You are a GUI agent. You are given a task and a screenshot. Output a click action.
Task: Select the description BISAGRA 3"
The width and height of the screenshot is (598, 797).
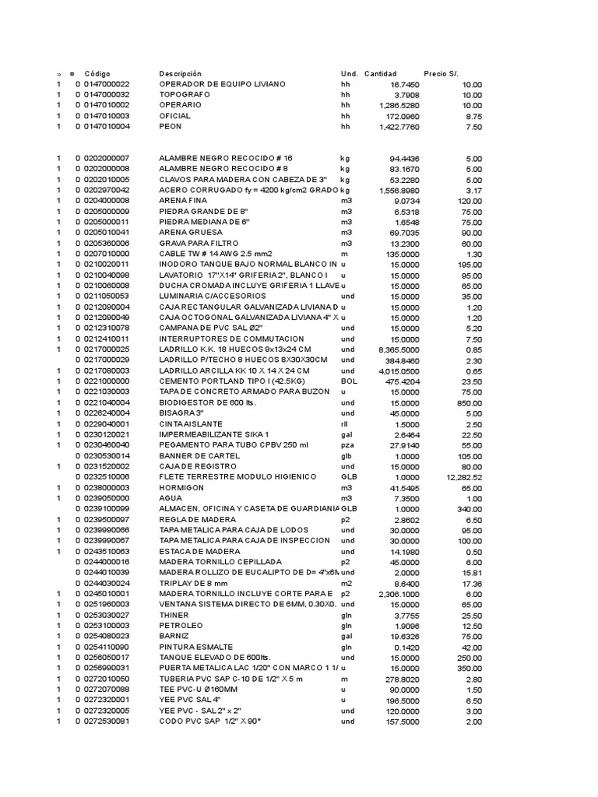tap(181, 413)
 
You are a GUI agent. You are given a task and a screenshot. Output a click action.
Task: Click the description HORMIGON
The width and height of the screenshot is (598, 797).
tap(181, 487)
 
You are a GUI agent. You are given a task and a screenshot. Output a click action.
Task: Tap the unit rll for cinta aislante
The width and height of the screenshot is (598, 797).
tap(344, 423)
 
